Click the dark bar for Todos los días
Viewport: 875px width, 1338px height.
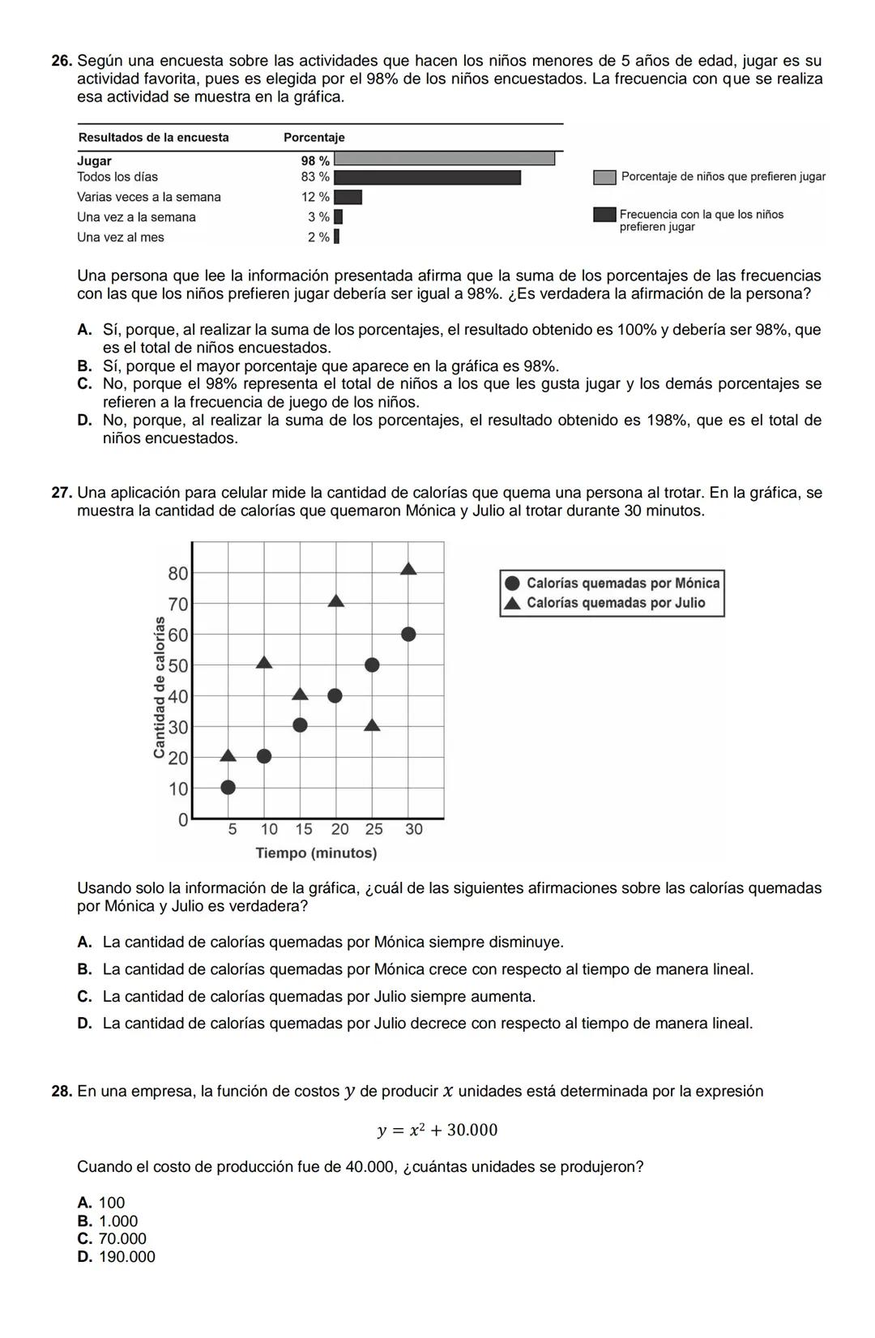tap(427, 177)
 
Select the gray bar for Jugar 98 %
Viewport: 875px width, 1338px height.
tap(444, 159)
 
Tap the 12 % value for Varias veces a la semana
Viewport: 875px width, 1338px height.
tap(315, 197)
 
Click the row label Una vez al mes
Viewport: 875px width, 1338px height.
tap(121, 237)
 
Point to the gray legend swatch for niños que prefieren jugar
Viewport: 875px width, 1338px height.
tap(604, 177)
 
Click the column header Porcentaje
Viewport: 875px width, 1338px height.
tap(314, 138)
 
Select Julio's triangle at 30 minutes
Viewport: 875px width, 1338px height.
tap(408, 569)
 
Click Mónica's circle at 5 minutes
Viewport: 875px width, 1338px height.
tap(228, 787)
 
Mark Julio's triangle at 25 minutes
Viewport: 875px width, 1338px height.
tap(372, 725)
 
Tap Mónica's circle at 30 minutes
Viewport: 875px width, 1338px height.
tap(408, 634)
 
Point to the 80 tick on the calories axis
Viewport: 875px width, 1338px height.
tap(177, 574)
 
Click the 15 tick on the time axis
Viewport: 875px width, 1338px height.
tap(303, 829)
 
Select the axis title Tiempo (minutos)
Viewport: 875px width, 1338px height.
tap(316, 853)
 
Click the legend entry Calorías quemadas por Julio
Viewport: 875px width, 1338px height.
tap(615, 603)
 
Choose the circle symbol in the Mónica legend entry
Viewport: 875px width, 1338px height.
tap(512, 584)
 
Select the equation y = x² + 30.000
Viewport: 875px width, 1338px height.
tap(437, 1130)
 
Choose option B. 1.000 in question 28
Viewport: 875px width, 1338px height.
tap(108, 1221)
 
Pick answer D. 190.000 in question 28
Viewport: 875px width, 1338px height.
tap(116, 1257)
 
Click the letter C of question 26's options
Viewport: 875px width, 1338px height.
tap(83, 384)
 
